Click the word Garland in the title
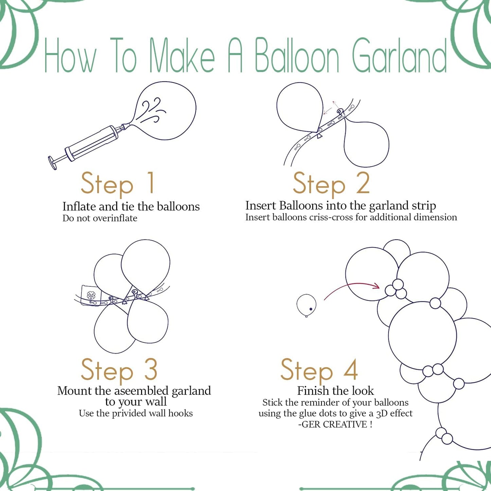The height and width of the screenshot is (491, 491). pos(399,56)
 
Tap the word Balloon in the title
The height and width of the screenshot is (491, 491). pos(297,56)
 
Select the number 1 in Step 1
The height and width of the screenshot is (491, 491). pos(151,183)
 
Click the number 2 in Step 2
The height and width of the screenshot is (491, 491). pos(363,183)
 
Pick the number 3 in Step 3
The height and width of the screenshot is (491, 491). pos(151,369)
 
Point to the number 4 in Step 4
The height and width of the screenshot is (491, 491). pos(351,369)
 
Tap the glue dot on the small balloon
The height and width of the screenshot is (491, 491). pos(311,309)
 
